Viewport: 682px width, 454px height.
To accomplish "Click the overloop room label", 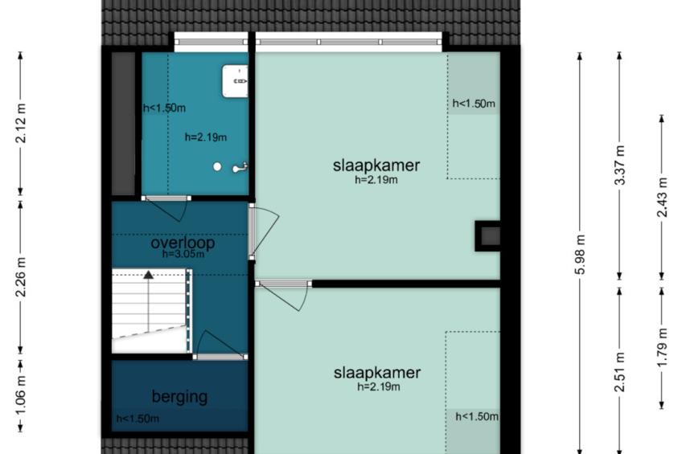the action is [183, 243].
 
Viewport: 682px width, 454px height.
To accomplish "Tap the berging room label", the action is [179, 397].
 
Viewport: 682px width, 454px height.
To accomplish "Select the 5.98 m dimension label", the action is [580, 254].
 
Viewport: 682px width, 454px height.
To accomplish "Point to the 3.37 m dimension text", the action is [620, 165].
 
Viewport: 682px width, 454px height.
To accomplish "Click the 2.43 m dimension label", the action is [662, 197].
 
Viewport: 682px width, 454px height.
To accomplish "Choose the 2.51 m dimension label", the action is [620, 372].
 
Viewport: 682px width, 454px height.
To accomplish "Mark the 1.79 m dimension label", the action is [662, 348].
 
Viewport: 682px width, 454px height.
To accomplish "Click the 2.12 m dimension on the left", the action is [21, 123].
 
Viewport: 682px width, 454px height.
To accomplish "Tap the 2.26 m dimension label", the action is [21, 276].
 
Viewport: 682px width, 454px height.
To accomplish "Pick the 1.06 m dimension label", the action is [21, 396].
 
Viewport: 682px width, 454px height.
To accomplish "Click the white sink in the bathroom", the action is [236, 81].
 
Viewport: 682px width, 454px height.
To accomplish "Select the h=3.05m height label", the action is [183, 254].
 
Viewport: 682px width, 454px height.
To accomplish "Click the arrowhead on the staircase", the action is [149, 275].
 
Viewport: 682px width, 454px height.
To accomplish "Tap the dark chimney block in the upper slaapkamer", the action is [487, 236].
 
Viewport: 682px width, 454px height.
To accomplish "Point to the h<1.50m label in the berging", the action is [138, 419].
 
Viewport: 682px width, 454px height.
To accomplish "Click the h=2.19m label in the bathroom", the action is [206, 137].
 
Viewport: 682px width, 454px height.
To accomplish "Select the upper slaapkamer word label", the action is [376, 166].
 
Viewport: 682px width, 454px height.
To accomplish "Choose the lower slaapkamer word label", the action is [377, 373].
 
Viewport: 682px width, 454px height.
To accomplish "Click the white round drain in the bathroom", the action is [217, 166].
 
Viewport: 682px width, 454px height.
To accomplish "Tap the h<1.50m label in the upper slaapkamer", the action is [474, 104].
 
